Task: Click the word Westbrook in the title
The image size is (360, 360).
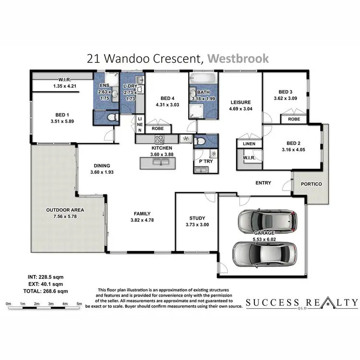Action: pyautogui.click(x=238, y=59)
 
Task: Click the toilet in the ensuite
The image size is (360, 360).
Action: pyautogui.click(x=111, y=117)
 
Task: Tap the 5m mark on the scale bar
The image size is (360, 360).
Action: pyautogui.click(x=79, y=304)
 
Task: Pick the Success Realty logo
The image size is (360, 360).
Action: pyautogui.click(x=301, y=303)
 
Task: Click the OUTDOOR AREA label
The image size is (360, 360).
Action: pyautogui.click(x=65, y=210)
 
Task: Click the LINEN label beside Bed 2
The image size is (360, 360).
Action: pyautogui.click(x=249, y=144)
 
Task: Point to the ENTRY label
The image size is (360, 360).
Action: pyautogui.click(x=264, y=183)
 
